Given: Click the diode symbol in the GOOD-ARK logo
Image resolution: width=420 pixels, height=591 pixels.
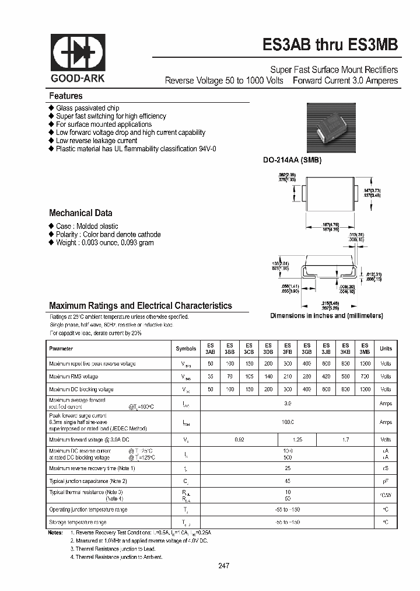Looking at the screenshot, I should [x=78, y=54].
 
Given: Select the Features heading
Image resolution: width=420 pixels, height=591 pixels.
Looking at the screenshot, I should [x=66, y=96].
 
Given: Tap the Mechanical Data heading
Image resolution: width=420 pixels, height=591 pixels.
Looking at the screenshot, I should [x=80, y=213].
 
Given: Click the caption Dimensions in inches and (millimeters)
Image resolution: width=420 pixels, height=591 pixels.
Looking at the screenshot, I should [x=326, y=315].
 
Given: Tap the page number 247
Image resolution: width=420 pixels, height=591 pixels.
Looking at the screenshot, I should [x=225, y=566].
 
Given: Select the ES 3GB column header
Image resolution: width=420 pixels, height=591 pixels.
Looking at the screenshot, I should [x=307, y=349].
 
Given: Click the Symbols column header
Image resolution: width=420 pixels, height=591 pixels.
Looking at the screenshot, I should [x=186, y=349].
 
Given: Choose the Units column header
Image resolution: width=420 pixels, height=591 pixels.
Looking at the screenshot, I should [x=386, y=349].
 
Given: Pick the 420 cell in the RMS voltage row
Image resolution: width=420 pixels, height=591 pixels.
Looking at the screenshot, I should [x=326, y=377].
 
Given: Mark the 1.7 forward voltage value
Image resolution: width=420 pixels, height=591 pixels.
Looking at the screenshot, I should [x=345, y=439].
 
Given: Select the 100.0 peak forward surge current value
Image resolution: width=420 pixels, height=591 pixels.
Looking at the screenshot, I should [x=288, y=422].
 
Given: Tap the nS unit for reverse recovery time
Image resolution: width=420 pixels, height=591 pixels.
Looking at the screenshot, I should [x=386, y=468].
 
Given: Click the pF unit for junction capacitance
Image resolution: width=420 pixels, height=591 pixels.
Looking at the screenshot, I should [x=386, y=481].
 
